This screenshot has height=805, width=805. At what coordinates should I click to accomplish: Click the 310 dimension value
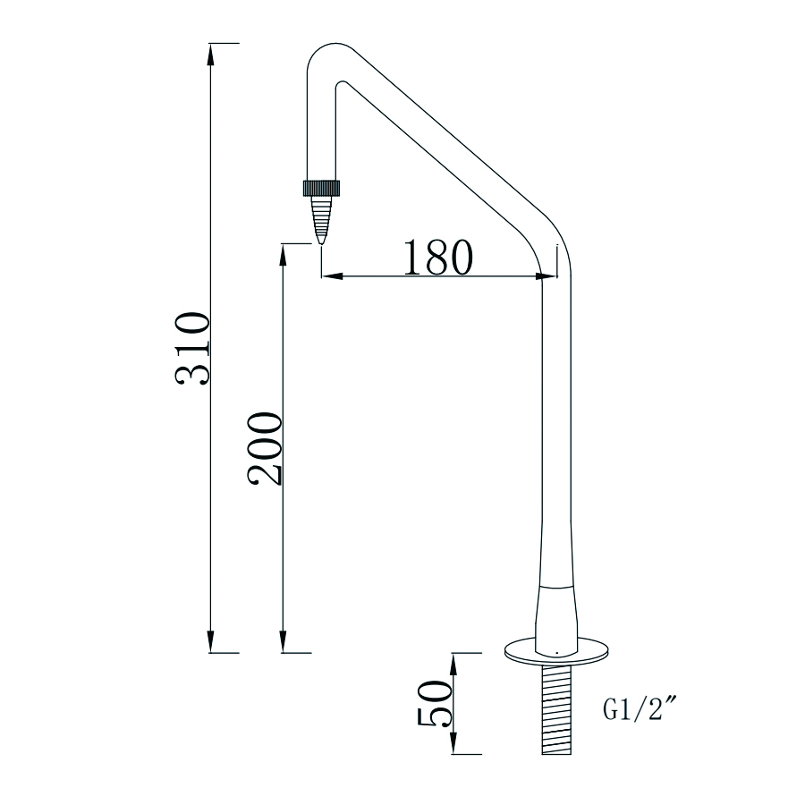(192, 349)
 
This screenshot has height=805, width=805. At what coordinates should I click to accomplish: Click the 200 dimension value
(266, 449)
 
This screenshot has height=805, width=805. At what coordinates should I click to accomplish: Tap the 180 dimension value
(436, 258)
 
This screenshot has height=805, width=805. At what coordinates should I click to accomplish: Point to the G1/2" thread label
(639, 711)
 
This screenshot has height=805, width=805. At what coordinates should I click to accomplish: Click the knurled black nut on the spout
(322, 188)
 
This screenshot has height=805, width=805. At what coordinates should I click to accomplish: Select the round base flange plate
(557, 651)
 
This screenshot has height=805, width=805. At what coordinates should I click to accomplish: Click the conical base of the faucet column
(557, 615)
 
